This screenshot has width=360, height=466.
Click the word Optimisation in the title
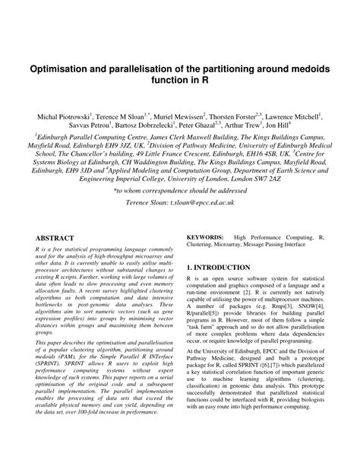coord(64,69)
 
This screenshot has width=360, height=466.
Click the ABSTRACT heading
coord(55,238)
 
